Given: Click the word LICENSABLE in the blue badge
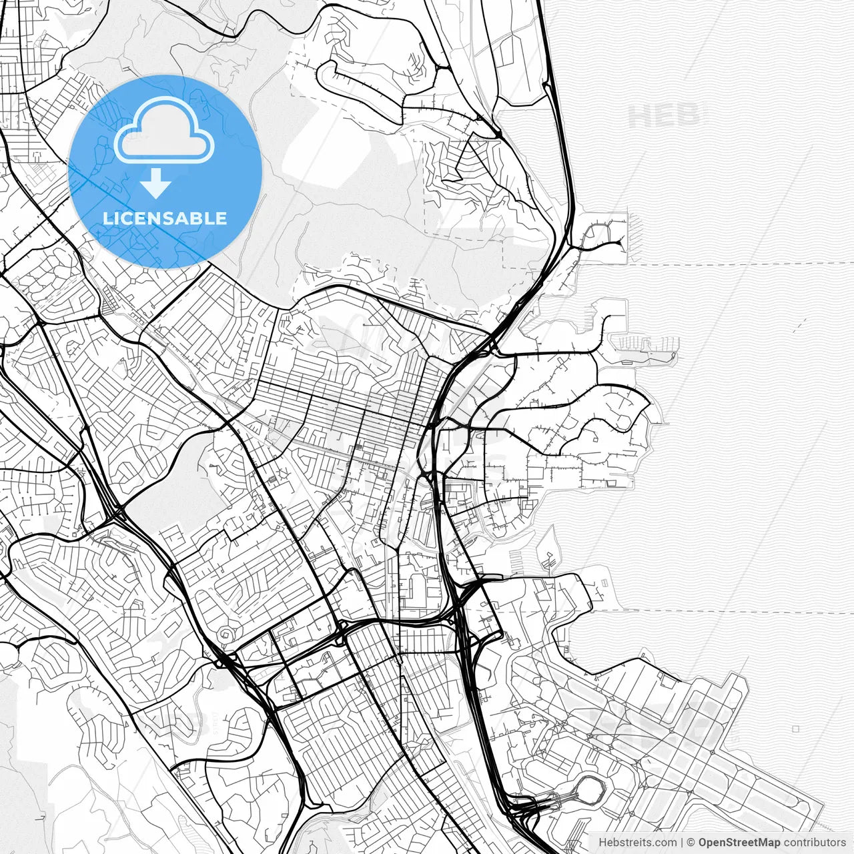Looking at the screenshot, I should click(x=165, y=218).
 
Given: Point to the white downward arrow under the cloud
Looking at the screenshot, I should click(x=156, y=183).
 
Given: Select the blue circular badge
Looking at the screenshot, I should click(x=165, y=171).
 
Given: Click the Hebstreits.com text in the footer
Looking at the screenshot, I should click(x=637, y=843).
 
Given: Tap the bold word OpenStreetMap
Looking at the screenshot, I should click(x=739, y=843).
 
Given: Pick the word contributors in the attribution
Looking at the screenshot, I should click(x=815, y=843).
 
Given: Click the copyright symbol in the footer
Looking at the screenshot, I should click(x=691, y=843).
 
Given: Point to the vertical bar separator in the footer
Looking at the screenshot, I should click(x=682, y=843).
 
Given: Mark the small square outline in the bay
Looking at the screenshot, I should click(x=796, y=729).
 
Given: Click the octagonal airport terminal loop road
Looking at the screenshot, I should click(x=590, y=790).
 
